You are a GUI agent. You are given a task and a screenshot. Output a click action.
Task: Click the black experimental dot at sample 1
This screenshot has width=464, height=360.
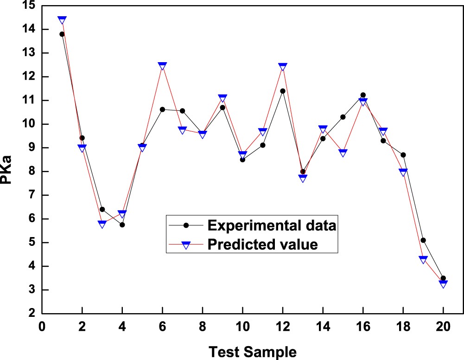[x=62, y=34]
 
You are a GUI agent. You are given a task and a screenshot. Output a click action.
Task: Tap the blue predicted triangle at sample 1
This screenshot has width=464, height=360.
[x=62, y=20]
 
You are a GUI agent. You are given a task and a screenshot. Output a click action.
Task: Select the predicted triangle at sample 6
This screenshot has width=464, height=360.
[x=162, y=66]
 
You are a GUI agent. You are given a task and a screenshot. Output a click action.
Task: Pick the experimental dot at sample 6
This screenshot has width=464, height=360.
[x=162, y=109]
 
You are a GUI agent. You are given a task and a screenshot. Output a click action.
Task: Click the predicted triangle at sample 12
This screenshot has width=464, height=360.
[x=283, y=67]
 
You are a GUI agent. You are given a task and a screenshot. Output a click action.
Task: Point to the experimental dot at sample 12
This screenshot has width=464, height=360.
[x=283, y=91]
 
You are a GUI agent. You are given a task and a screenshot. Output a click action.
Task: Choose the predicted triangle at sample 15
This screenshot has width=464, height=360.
[x=343, y=153]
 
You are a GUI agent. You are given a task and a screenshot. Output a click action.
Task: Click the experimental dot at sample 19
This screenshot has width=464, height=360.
[x=423, y=240]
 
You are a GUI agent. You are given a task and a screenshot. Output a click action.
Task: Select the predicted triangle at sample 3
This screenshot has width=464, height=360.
[x=102, y=224]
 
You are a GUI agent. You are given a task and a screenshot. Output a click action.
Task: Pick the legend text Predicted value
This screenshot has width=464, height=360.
[x=263, y=244]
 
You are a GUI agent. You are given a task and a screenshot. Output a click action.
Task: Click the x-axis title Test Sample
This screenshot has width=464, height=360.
[x=252, y=351]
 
